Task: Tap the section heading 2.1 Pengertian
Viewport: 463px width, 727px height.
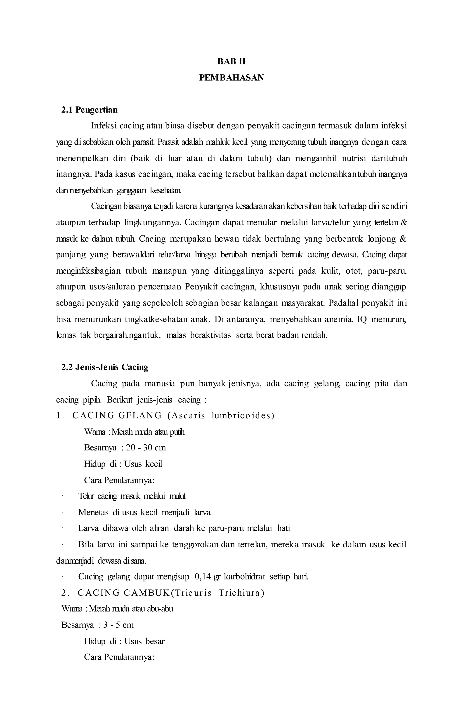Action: [x=89, y=110]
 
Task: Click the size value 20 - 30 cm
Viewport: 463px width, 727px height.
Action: [x=146, y=447]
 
